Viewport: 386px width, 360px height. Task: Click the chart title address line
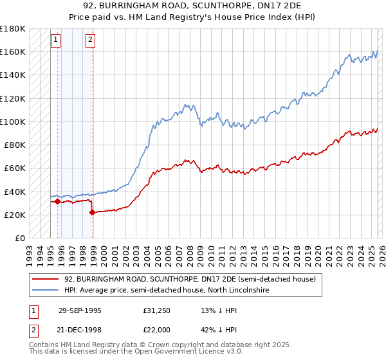pyautogui.click(x=193, y=6)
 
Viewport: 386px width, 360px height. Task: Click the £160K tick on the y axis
pyautogui.click(x=13, y=51)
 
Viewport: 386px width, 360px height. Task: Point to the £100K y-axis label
pyautogui.click(x=13, y=122)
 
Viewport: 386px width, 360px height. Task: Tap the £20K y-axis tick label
pyautogui.click(x=15, y=215)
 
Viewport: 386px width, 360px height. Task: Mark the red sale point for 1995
pyautogui.click(x=58, y=201)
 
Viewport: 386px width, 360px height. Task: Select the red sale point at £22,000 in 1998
pyautogui.click(x=93, y=212)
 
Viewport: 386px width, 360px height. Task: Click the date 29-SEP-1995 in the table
pyautogui.click(x=80, y=310)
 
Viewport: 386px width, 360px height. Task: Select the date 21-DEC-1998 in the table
pyautogui.click(x=80, y=329)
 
